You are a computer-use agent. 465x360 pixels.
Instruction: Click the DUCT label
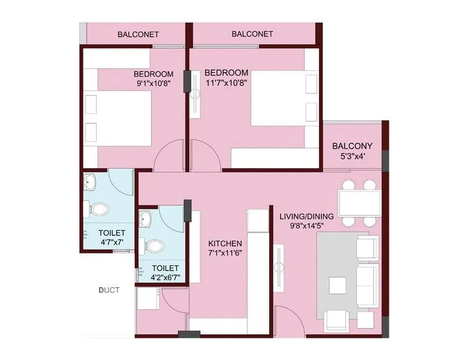coord(109,289)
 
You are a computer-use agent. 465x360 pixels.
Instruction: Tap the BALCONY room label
coord(352,145)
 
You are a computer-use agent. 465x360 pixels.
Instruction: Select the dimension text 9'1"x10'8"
coord(153,83)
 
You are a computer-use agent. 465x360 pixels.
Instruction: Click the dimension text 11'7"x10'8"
coord(226,83)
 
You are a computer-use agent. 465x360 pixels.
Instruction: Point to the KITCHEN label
coord(225,243)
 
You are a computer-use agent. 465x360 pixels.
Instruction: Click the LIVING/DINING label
coord(305,217)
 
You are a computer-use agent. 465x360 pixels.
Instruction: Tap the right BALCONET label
coord(252,34)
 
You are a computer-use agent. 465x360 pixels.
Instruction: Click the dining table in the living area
coord(359,203)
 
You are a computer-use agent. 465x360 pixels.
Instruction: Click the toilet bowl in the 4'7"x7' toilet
coord(99,208)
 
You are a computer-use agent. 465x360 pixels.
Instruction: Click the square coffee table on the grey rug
coord(337,285)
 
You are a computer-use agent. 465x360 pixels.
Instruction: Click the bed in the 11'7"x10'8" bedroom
coord(284,98)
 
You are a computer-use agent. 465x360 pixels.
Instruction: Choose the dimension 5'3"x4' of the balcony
coord(352,156)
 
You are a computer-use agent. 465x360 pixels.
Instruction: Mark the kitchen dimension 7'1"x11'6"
coord(225,254)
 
